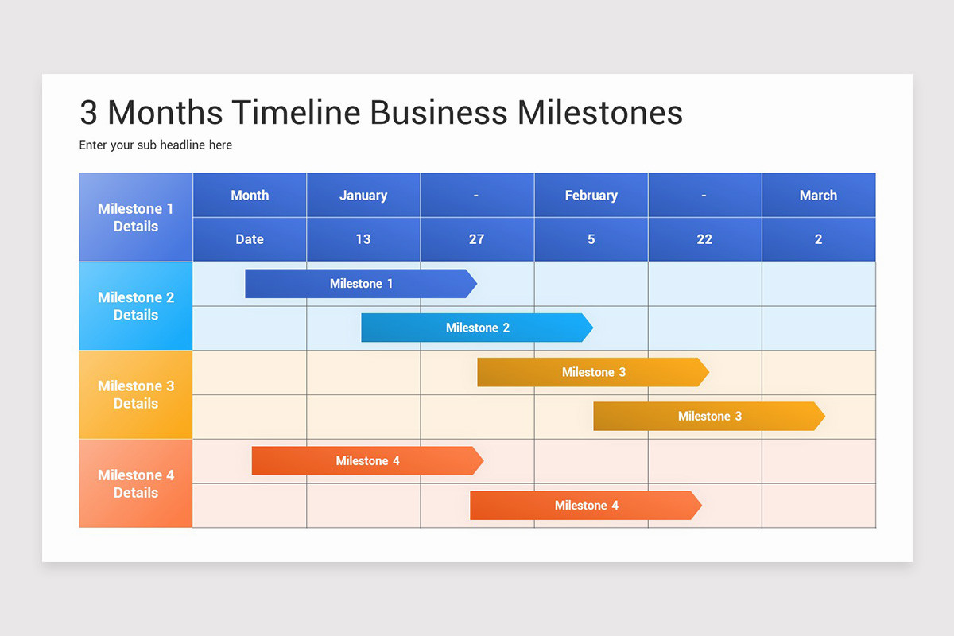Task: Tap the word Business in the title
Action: [x=439, y=113]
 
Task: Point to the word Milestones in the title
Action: [x=600, y=113]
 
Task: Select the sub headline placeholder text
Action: [x=156, y=145]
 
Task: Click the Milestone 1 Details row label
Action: [x=136, y=217]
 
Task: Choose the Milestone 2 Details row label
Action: [x=136, y=306]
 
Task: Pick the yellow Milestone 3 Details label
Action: [x=136, y=394]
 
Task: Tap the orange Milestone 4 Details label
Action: [x=136, y=483]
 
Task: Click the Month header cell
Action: [x=250, y=196]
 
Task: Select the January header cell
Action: [x=363, y=196]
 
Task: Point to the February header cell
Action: [x=591, y=196]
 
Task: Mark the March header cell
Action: [x=818, y=196]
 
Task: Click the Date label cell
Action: [x=250, y=239]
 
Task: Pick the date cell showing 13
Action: [x=363, y=239]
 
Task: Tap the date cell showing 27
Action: [x=477, y=239]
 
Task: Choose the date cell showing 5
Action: [x=591, y=239]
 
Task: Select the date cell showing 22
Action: [x=704, y=239]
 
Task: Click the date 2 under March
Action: [x=818, y=239]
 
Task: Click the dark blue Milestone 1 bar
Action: [x=360, y=284]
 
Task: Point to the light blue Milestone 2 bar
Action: [x=476, y=328]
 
